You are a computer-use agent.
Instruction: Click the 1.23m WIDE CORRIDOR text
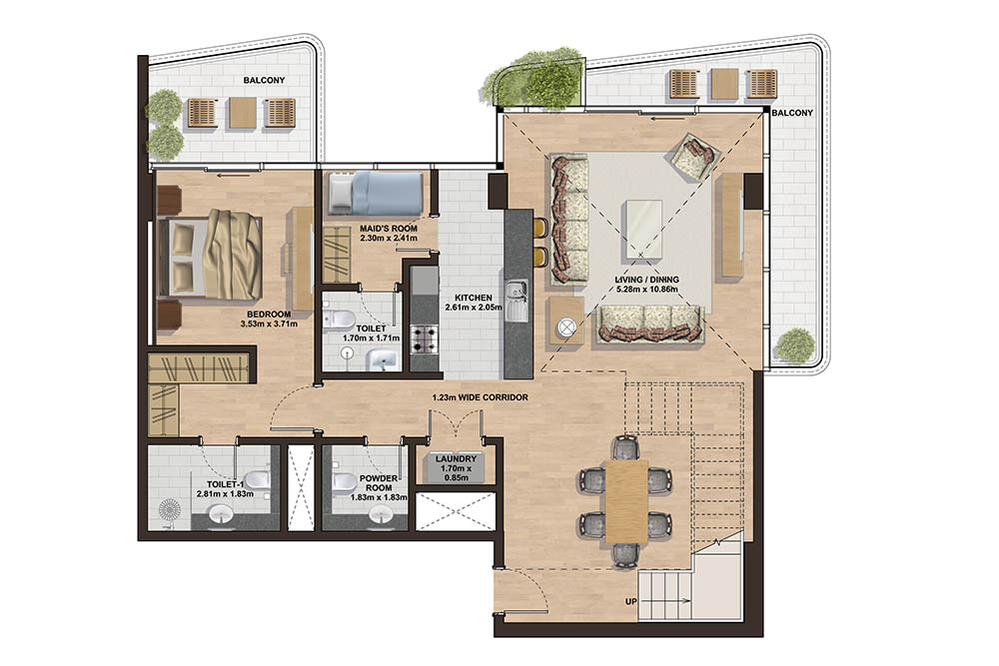point(480,397)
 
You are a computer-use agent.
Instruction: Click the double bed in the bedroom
point(212,256)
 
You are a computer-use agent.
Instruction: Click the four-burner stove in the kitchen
point(425,340)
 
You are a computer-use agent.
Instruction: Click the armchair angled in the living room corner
point(695,155)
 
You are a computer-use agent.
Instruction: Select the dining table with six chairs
point(625,498)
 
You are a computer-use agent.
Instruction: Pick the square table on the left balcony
point(242,113)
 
